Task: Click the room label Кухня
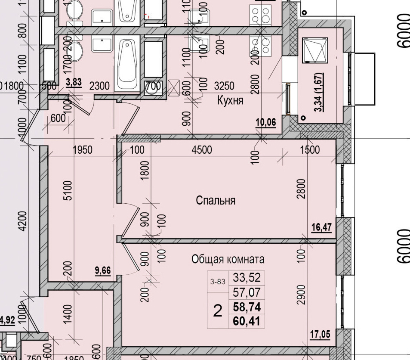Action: (x=231, y=101)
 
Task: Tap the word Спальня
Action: (x=216, y=200)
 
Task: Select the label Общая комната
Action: (x=228, y=259)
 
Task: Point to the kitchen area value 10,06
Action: (x=266, y=122)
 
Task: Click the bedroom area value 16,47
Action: (x=321, y=227)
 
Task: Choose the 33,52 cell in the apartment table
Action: (x=247, y=278)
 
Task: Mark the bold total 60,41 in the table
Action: (x=247, y=320)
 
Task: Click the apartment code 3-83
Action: (x=218, y=282)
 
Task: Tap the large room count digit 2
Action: (x=218, y=310)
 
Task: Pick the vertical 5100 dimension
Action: (x=68, y=192)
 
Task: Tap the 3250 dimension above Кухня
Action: (x=224, y=86)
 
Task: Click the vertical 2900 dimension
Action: (x=301, y=295)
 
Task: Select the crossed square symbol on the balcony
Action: (x=315, y=50)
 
